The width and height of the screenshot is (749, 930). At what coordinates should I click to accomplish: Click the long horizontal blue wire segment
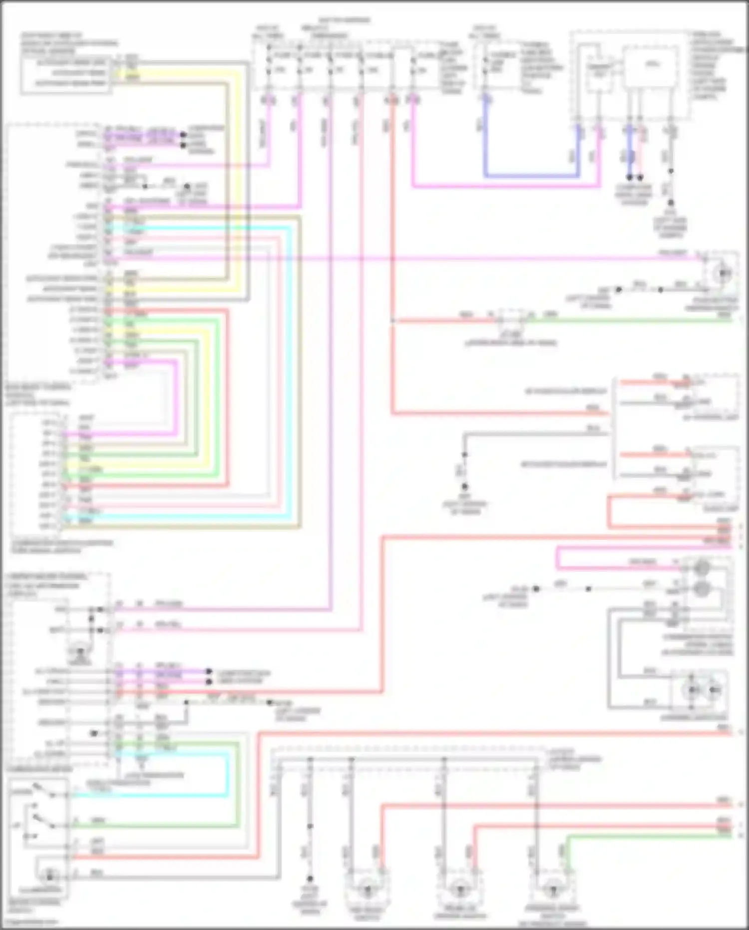tap(532, 176)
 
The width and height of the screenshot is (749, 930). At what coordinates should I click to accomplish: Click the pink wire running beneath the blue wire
tap(504, 187)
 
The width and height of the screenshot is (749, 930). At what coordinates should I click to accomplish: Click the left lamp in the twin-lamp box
tap(693, 690)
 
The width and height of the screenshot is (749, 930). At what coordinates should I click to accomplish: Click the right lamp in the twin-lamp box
tap(715, 690)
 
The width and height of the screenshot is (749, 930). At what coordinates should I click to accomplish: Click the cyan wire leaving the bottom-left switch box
tap(150, 795)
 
